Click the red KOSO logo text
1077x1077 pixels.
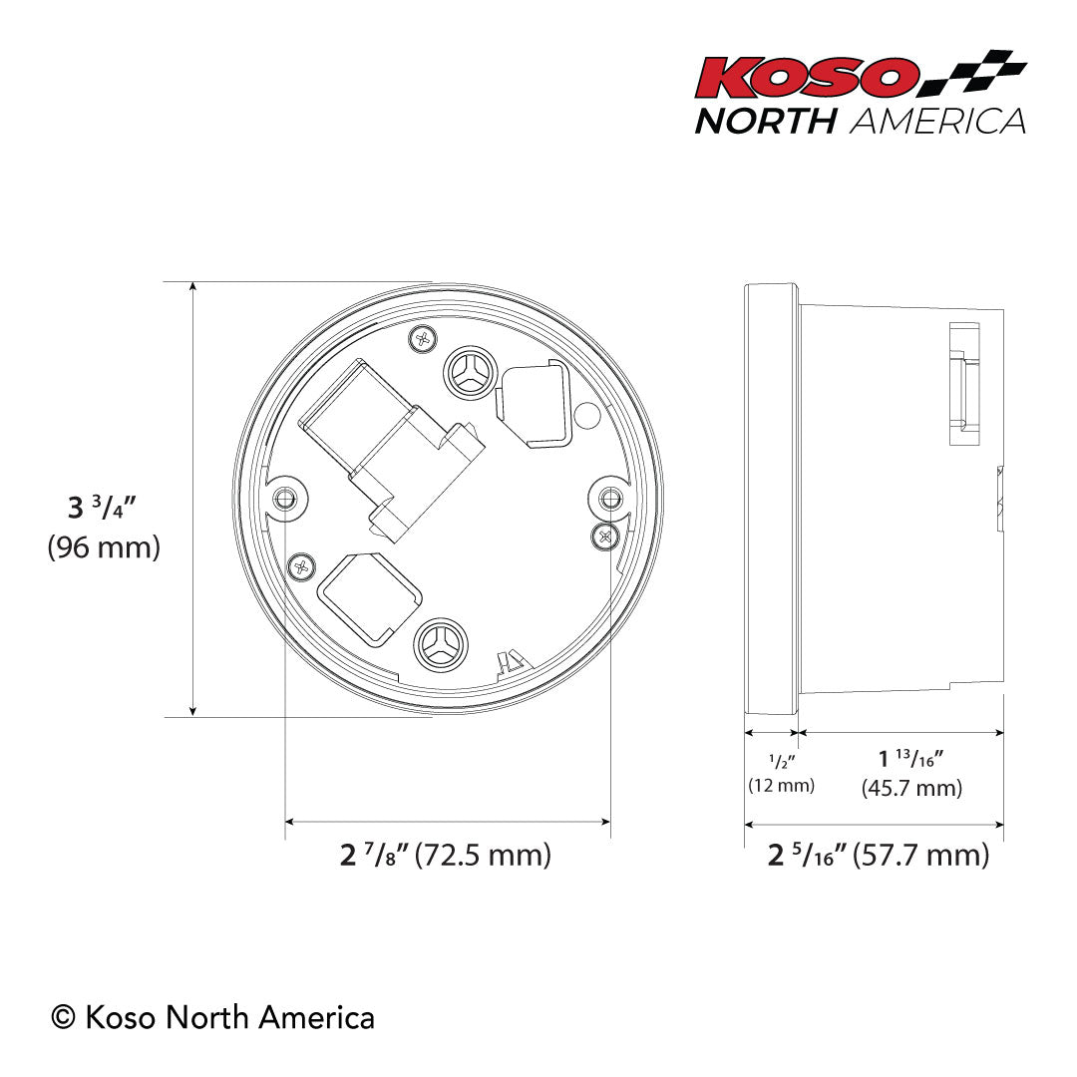(806, 79)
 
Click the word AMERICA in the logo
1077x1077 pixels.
(937, 121)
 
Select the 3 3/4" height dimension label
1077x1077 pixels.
(102, 507)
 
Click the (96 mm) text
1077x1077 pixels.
(104, 547)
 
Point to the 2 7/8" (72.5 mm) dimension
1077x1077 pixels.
(445, 855)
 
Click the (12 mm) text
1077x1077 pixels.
(781, 786)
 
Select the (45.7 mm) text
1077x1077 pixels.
(911, 789)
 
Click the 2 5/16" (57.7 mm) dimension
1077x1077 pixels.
(878, 855)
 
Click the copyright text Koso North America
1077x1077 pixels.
(213, 1017)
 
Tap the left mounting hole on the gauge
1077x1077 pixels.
(287, 496)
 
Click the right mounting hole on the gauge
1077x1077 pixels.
(608, 494)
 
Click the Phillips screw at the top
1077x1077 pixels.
(424, 339)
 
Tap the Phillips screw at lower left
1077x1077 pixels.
(300, 568)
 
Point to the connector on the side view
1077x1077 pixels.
(963, 384)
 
